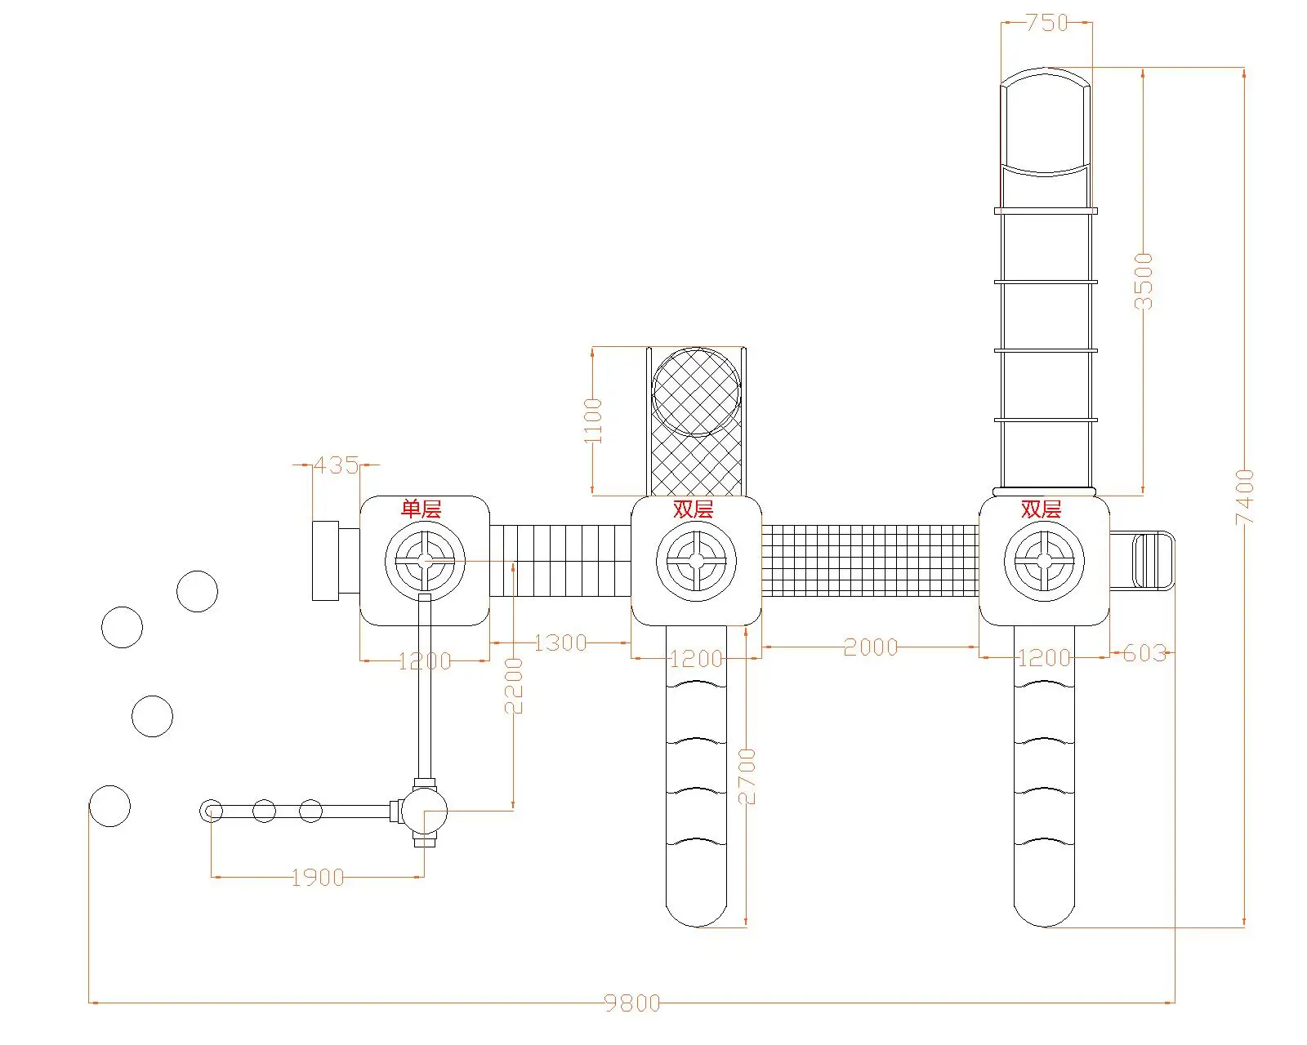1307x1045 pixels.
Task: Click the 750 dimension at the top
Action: pyautogui.click(x=1046, y=23)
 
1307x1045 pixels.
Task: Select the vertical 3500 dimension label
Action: pyautogui.click(x=1143, y=281)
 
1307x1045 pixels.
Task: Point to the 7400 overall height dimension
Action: pyautogui.click(x=1244, y=497)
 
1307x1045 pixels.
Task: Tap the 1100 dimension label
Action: pyautogui.click(x=592, y=420)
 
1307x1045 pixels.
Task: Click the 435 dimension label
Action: pyautogui.click(x=336, y=465)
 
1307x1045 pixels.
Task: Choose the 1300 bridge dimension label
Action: pyautogui.click(x=560, y=643)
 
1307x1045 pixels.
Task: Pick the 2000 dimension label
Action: pyautogui.click(x=870, y=647)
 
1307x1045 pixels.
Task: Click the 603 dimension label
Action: pyautogui.click(x=1144, y=654)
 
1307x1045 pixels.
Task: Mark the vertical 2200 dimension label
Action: pyautogui.click(x=513, y=686)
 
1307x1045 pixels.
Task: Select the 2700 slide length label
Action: pyautogui.click(x=747, y=776)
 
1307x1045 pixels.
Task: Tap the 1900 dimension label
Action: pyautogui.click(x=318, y=878)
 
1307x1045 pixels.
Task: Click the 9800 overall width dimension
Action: pyautogui.click(x=632, y=1003)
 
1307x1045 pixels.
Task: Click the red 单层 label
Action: pyautogui.click(x=421, y=509)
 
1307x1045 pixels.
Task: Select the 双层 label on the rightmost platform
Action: pyautogui.click(x=1041, y=509)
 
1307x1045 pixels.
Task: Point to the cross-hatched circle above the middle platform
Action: pyautogui.click(x=696, y=392)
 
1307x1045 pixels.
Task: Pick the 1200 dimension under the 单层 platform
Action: pyautogui.click(x=425, y=661)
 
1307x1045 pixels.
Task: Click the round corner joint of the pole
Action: pyautogui.click(x=425, y=812)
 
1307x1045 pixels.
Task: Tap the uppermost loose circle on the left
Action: pyautogui.click(x=197, y=591)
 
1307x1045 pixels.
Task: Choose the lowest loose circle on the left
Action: pyautogui.click(x=109, y=807)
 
